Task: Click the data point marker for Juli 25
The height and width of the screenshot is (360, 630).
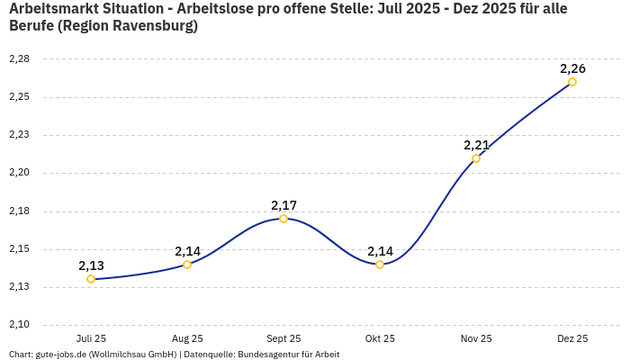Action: [91, 279]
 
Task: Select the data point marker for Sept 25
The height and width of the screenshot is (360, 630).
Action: [283, 219]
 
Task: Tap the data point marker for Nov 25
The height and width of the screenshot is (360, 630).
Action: [476, 158]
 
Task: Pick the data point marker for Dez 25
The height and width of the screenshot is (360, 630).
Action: [572, 82]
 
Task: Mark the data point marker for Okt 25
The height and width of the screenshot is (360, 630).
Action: [380, 265]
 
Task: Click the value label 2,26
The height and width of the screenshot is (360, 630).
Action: [572, 68]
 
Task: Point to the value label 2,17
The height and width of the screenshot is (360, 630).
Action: [283, 205]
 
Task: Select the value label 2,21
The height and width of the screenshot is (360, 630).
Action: [476, 145]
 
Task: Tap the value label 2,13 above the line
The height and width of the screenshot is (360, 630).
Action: [91, 265]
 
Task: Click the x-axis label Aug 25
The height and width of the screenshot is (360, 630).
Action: [187, 338]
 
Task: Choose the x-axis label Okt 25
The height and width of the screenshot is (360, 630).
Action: [380, 338]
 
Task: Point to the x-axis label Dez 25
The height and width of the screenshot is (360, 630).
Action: [572, 338]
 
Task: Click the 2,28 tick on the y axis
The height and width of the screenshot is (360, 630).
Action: [19, 59]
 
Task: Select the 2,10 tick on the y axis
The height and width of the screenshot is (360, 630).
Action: [19, 325]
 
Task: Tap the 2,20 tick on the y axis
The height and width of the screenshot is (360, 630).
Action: [19, 173]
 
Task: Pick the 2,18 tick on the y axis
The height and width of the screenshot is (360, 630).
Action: [19, 211]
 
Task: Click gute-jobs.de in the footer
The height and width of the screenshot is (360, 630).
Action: [62, 354]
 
